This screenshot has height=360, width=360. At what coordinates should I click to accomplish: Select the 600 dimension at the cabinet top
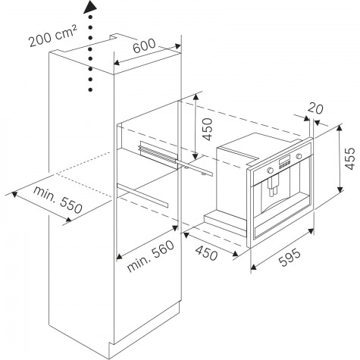pos(144,45)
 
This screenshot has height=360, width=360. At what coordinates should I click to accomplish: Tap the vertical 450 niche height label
pos(208,129)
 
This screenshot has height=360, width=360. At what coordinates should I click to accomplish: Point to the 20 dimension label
pos(315,109)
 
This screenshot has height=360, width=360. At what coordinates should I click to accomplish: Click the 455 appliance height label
pos(350,158)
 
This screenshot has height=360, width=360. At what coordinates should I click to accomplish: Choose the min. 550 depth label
pos(58,200)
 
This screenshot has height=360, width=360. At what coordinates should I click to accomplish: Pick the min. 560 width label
pos(151,256)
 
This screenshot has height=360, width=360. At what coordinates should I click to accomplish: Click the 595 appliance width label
pos(290,258)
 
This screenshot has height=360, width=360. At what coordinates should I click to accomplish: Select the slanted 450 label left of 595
pos(206,253)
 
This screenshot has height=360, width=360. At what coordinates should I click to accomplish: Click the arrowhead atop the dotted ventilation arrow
pos(90,7)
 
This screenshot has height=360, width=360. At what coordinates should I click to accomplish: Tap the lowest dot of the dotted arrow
pos(90,89)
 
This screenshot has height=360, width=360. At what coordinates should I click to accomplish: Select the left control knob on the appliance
pos(270,171)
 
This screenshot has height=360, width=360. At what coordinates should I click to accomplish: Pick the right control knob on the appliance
pos(299,156)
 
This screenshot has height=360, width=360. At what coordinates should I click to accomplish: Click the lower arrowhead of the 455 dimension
pos(340,189)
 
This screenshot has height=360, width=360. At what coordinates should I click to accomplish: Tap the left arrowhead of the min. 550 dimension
pos(14,194)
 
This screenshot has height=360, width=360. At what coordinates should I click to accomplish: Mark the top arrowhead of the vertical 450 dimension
pos(196,97)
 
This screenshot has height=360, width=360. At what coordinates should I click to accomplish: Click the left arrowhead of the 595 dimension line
pos(254,267)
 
